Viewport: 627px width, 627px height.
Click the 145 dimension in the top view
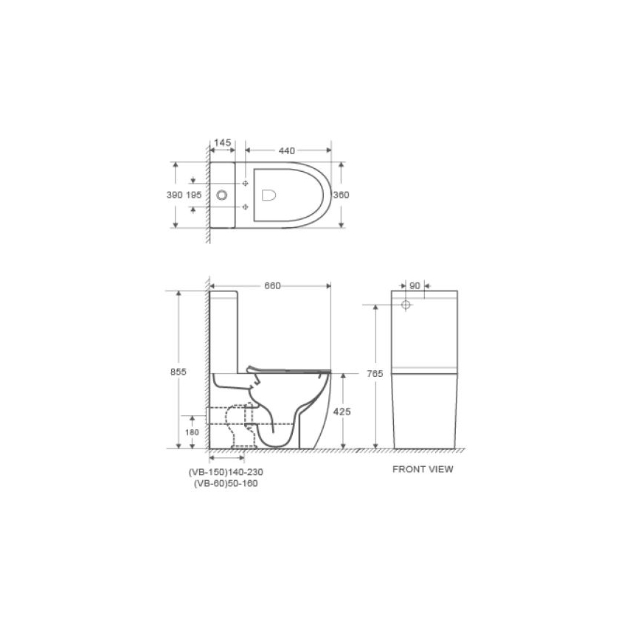click(x=222, y=142)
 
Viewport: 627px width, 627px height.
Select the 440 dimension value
click(x=287, y=150)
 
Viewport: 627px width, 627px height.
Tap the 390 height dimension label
click(x=174, y=195)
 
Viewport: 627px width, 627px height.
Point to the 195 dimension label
click(x=194, y=195)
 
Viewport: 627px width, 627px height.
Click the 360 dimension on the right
click(x=340, y=195)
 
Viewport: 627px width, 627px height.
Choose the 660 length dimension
click(x=272, y=286)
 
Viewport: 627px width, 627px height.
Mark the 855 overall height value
click(x=176, y=372)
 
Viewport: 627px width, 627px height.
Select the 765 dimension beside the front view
click(x=375, y=375)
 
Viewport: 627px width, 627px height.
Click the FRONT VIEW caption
click(x=423, y=468)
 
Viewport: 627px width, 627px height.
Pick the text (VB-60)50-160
click(x=226, y=484)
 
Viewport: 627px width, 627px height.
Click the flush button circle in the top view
click(x=222, y=195)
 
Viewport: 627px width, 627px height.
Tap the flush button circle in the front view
click(x=405, y=304)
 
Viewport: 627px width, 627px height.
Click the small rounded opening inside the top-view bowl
click(x=269, y=195)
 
